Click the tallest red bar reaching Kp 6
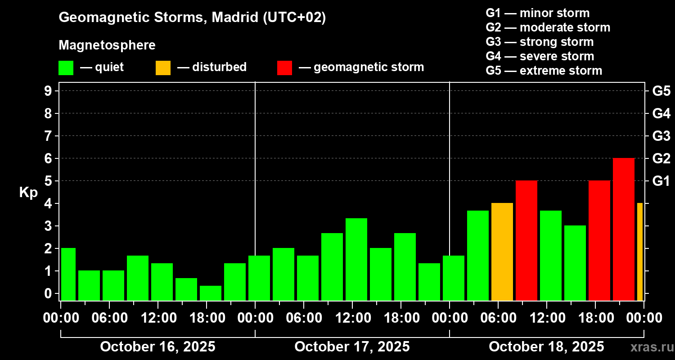624,229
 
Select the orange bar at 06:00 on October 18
502,252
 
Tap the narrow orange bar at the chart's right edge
640,252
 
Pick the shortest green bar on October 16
211,293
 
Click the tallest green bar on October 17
356,259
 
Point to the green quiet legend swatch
66,67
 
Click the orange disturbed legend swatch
163,67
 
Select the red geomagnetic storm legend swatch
284,67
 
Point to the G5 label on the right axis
661,91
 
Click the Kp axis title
28,193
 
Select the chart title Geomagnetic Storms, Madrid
192,18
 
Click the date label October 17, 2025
352,347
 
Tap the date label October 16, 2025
157,347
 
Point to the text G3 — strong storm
540,42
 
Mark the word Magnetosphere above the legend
107,45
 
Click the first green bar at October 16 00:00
68,274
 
